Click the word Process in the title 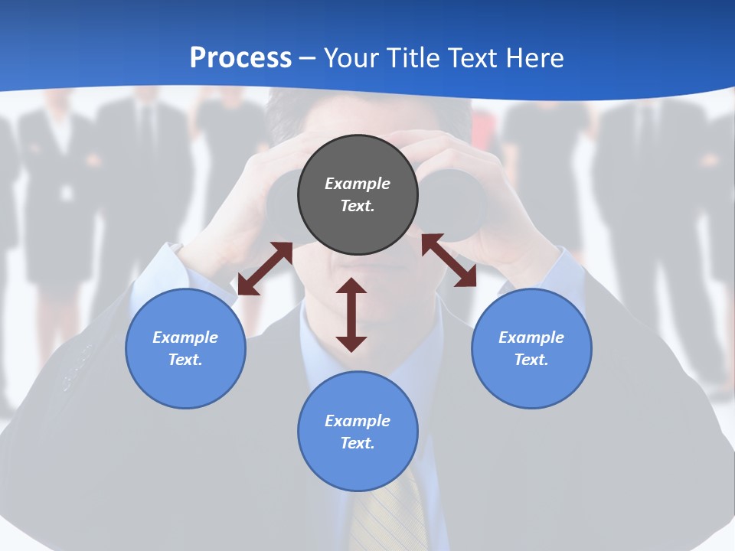(x=240, y=58)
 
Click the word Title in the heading (x=410, y=58)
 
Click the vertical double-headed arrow (x=351, y=315)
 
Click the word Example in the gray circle (x=358, y=184)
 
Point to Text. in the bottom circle (x=358, y=443)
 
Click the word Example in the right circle (x=531, y=337)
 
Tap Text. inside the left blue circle (x=185, y=360)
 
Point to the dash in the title (x=307, y=59)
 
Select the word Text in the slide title (x=469, y=58)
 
